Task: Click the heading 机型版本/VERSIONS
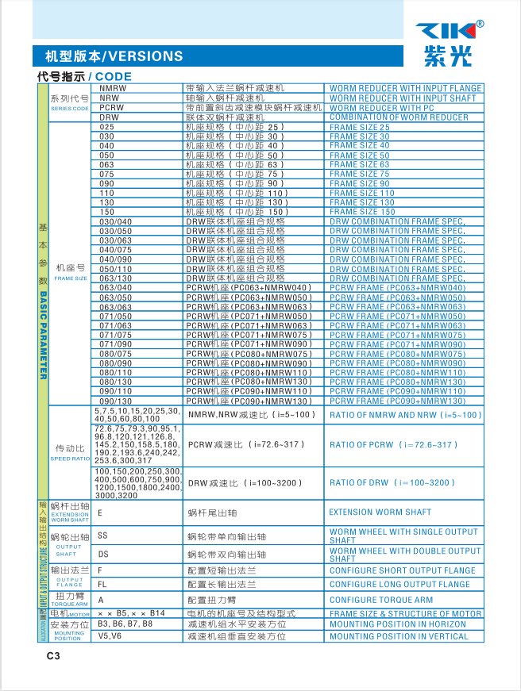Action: click(109, 56)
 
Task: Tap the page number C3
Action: click(53, 655)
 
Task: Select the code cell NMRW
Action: click(114, 88)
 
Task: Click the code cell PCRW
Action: click(112, 107)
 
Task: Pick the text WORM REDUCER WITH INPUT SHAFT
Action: click(403, 98)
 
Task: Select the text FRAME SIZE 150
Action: click(361, 212)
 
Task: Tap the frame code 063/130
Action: click(116, 278)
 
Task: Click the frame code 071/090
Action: click(116, 344)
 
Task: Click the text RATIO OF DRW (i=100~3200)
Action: click(393, 482)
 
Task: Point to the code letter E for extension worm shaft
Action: click(100, 513)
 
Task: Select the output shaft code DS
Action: click(103, 555)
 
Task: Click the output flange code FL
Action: click(102, 584)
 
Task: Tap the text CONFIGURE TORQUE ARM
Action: click(381, 601)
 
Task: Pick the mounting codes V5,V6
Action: click(110, 636)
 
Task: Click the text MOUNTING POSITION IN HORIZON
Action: click(399, 625)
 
